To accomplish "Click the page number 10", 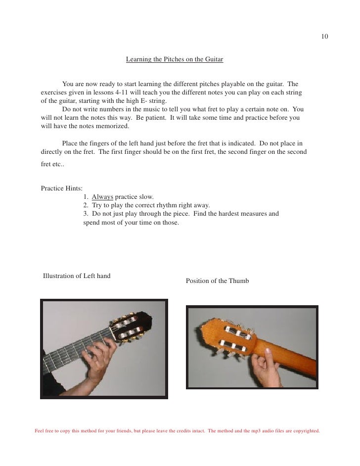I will pyautogui.click(x=324, y=37).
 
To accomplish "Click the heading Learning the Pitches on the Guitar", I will pyautogui.click(x=175, y=60).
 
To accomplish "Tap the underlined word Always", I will pyautogui.click(x=102, y=197).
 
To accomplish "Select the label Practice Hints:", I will pyautogui.click(x=61, y=188).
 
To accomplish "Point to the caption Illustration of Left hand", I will pyautogui.click(x=77, y=276).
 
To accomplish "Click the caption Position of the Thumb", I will pyautogui.click(x=217, y=281).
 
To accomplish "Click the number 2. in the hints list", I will pyautogui.click(x=86, y=205).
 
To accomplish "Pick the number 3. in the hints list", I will pyautogui.click(x=86, y=214).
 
